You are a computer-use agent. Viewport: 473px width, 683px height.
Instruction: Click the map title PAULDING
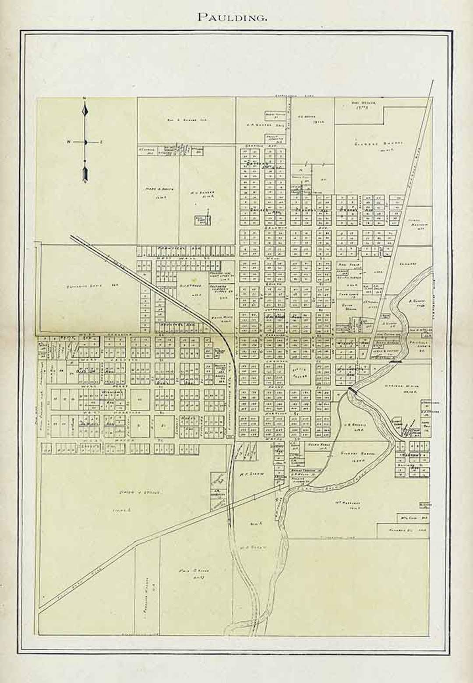pos(232,17)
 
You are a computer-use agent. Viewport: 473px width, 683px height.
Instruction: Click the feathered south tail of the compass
pos(86,174)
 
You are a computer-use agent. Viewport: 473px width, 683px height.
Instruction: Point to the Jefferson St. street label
pos(273,309)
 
